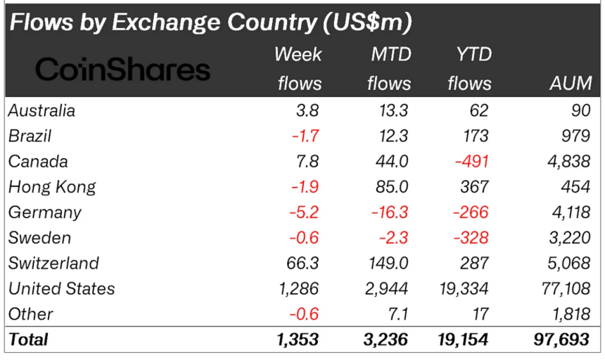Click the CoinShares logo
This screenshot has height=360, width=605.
123,69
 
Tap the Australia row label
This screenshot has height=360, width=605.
42,110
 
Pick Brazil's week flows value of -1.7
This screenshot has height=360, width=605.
305,136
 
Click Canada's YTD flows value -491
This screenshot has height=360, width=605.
471,161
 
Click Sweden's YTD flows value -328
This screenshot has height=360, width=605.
471,238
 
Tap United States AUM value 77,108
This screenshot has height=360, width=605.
561,288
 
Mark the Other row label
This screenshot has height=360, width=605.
30,314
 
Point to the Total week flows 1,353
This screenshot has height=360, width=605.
298,340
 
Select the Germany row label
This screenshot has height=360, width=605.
44,212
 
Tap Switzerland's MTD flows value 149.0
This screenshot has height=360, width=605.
388,263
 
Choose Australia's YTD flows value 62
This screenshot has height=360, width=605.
478,110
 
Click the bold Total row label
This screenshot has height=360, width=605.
28,340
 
